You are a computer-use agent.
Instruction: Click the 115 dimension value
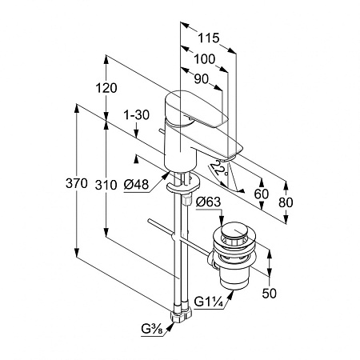208,38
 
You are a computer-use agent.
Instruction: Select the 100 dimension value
204,59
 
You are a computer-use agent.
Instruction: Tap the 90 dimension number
202,79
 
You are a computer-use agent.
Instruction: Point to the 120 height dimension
106,88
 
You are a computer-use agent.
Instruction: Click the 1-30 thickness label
136,115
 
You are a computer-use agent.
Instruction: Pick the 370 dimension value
77,183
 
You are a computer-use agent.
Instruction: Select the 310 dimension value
106,185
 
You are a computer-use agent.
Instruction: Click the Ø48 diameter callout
136,184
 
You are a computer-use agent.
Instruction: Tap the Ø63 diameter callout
208,202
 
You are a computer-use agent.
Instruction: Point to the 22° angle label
219,169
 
